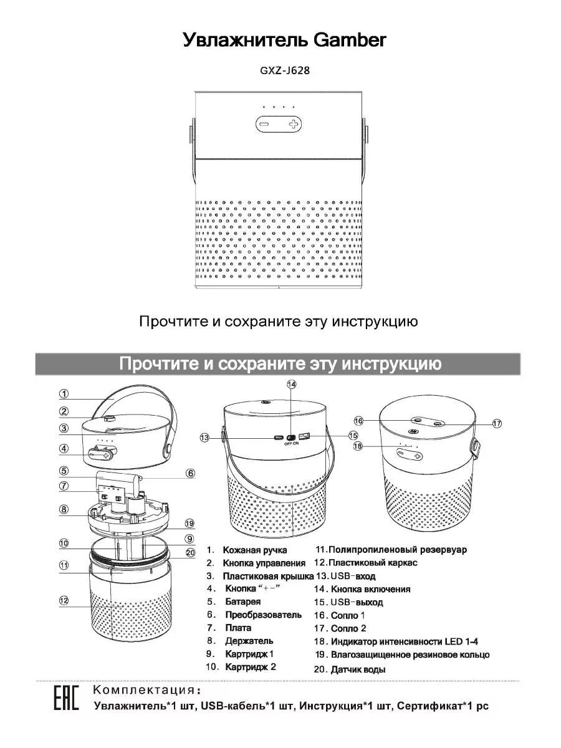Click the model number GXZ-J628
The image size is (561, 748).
[284, 70]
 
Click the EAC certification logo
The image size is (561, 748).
[65, 699]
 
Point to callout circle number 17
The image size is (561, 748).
[497, 423]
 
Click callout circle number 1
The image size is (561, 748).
[64, 393]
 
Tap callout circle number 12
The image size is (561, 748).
[64, 600]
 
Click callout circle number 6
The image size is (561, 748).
[190, 473]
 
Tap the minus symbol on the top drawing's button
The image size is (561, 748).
[264, 125]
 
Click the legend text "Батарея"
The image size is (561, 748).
[242, 602]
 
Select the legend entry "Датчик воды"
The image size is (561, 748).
[358, 669]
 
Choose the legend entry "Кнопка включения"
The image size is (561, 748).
[370, 589]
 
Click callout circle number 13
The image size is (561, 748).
[205, 438]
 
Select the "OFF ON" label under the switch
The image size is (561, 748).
[292, 444]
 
